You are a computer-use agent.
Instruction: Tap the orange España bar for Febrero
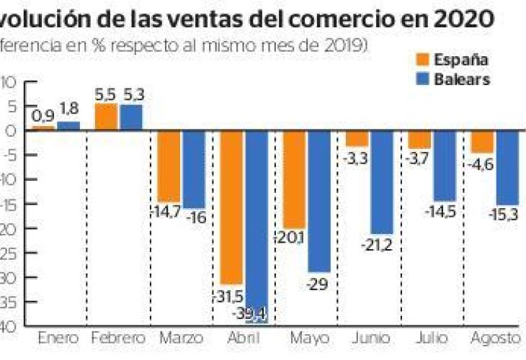[106, 117]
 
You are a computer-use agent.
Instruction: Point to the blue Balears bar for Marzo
[194, 169]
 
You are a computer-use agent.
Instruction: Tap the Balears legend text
[462, 80]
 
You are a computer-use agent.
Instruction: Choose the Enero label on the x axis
[57, 337]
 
